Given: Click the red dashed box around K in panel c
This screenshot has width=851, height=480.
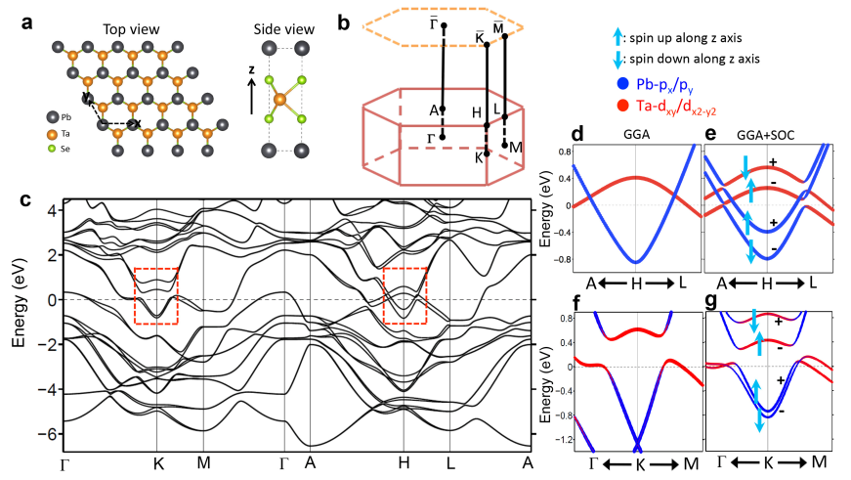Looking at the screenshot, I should [156, 296].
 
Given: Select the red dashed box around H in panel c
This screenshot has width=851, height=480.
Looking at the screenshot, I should [405, 296].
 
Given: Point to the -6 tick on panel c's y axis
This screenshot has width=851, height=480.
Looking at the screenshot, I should [48, 432].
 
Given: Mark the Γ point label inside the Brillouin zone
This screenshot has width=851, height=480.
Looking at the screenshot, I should [432, 137].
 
